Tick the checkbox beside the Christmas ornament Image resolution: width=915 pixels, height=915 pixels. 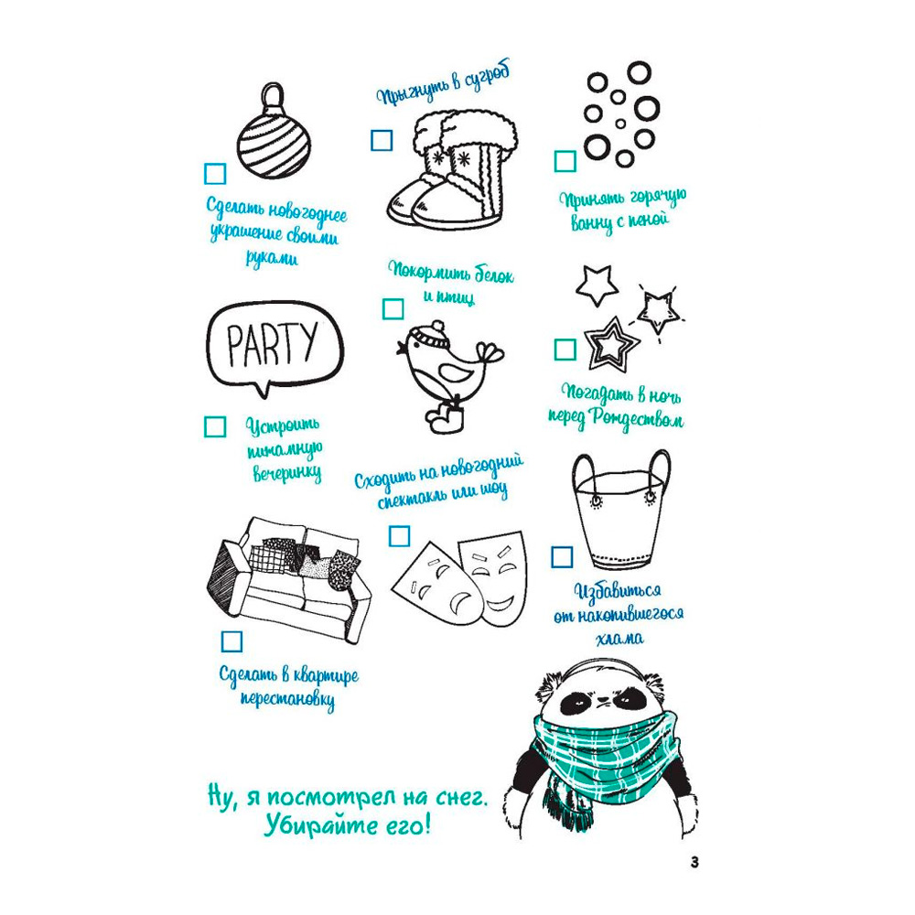[x=215, y=174]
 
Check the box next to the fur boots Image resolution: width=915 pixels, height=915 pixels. [x=382, y=141]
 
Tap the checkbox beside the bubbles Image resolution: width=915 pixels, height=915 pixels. [x=565, y=161]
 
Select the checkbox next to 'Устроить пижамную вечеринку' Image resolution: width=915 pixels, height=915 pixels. [x=215, y=426]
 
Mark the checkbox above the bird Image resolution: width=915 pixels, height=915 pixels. [x=393, y=308]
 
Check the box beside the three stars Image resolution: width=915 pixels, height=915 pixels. [x=565, y=350]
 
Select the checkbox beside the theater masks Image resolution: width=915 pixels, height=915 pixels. [x=400, y=535]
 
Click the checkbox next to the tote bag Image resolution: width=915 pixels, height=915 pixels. [x=562, y=556]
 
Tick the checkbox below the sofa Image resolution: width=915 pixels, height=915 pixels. [x=231, y=641]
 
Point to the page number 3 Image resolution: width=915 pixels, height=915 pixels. [x=694, y=862]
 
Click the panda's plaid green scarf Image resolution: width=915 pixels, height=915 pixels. [x=607, y=759]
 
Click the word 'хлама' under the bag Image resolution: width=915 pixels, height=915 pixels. [x=619, y=639]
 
